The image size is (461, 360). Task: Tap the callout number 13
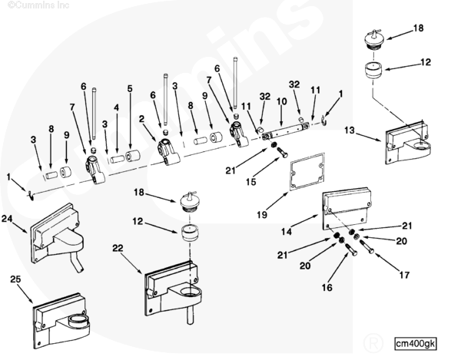click(349, 131)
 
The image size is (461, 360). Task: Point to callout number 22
click(118, 248)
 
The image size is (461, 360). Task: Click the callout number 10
click(281, 100)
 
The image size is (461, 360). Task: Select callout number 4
click(117, 107)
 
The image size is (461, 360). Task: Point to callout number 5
click(130, 89)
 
